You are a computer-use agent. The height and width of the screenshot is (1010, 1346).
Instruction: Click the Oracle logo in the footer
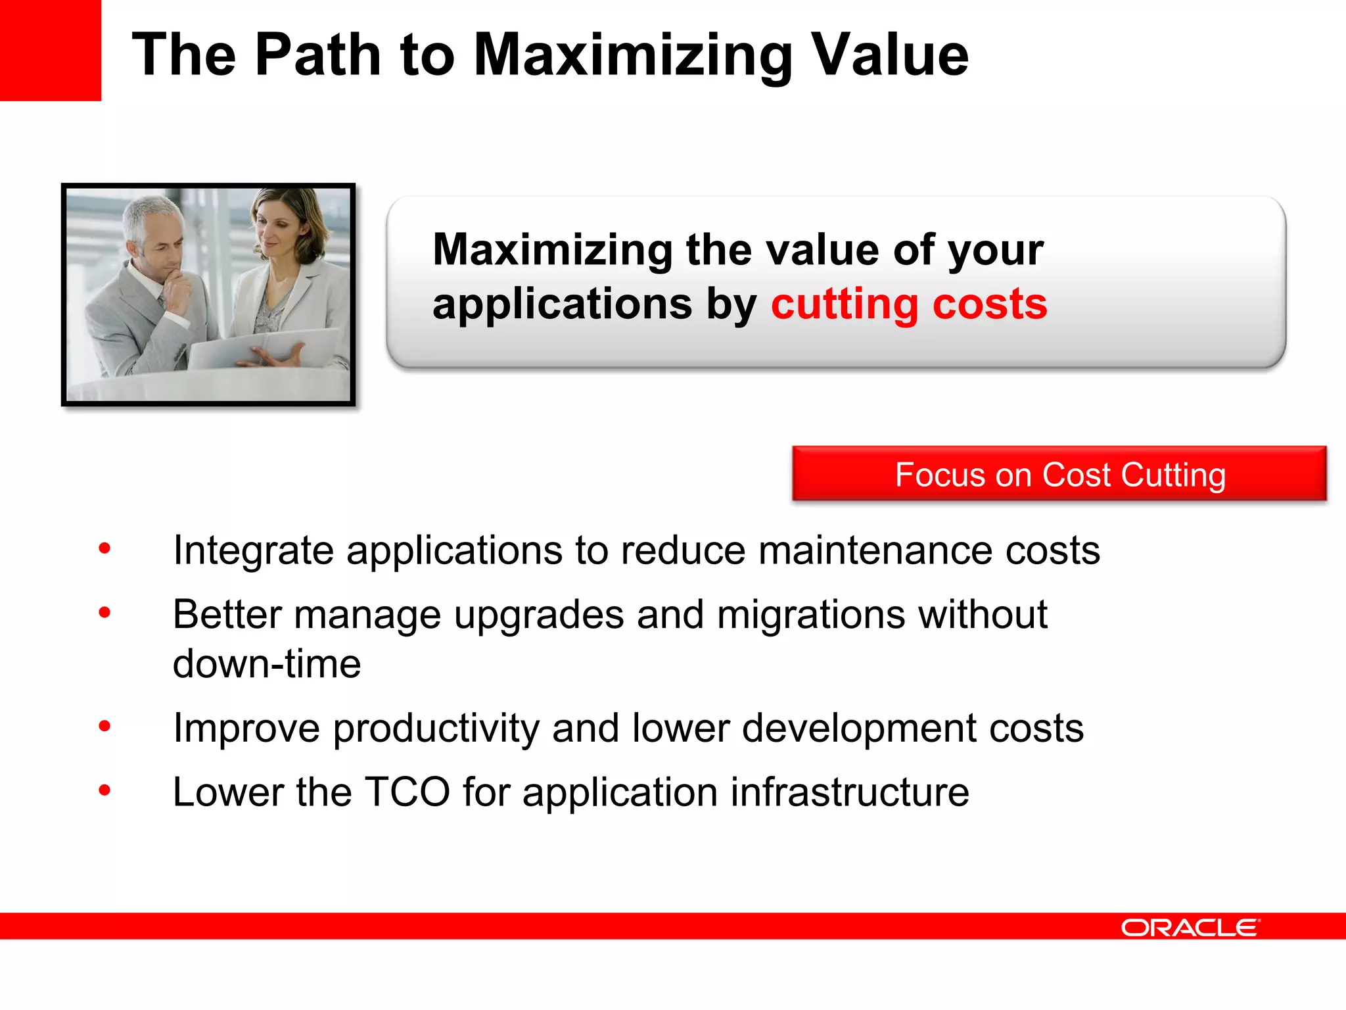click(1190, 927)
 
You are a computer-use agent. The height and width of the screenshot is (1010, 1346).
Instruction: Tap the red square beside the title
click(50, 50)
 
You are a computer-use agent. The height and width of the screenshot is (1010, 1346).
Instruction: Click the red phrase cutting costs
click(909, 304)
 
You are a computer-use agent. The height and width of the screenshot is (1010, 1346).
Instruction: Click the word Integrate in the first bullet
click(253, 550)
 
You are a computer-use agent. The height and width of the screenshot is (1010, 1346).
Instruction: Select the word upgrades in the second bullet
click(538, 615)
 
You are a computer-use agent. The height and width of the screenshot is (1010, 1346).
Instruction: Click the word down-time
click(267, 664)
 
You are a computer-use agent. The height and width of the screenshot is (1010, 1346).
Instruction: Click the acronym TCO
click(407, 792)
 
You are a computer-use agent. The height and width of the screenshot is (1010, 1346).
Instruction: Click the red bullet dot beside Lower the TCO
click(104, 790)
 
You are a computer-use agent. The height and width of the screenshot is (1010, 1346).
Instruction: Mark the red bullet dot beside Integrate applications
click(104, 548)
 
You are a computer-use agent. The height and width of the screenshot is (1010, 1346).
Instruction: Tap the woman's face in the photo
click(276, 227)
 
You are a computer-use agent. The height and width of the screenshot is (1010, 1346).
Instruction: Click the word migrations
click(811, 615)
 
